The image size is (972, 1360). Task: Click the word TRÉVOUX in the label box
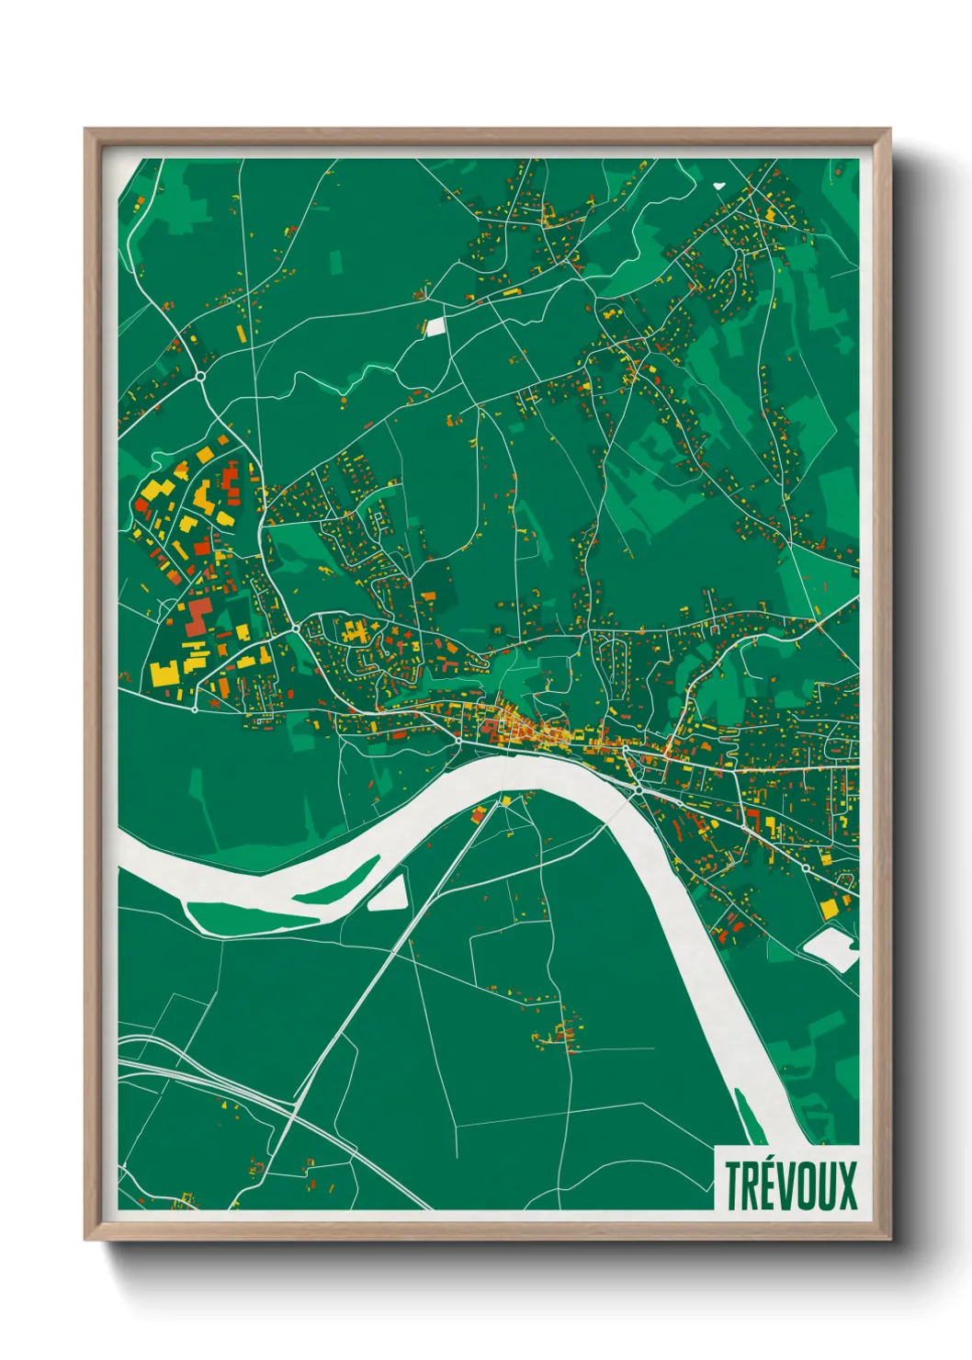pyautogui.click(x=790, y=1185)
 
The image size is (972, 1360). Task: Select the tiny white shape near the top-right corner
pyautogui.click(x=718, y=185)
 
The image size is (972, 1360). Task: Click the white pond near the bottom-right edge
pyautogui.click(x=831, y=947)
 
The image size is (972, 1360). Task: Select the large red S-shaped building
pyautogui.click(x=197, y=616)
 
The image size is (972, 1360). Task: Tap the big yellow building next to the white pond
pyautogui.click(x=830, y=908)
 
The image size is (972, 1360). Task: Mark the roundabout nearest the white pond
pyautogui.click(x=806, y=867)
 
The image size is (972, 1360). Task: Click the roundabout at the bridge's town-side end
pyautogui.click(x=638, y=788)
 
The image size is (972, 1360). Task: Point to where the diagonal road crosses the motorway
pyautogui.click(x=293, y=1112)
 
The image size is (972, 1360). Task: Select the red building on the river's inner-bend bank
pyautogui.click(x=478, y=813)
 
